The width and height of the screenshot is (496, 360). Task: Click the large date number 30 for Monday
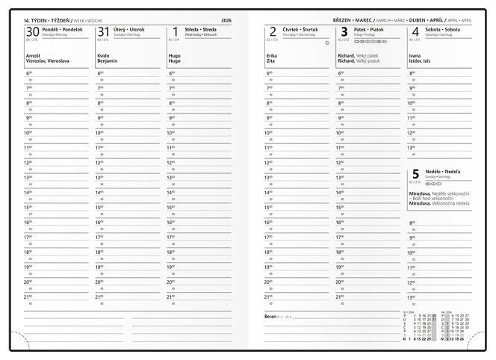tap(32, 31)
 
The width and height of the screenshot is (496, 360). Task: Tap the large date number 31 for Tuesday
tap(104, 31)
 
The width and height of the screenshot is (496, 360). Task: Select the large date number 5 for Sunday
tap(415, 176)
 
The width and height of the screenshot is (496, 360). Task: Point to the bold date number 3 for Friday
tap(344, 31)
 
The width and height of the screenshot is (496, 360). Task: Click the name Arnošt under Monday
tap(33, 55)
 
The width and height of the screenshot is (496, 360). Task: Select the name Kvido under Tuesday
tap(103, 55)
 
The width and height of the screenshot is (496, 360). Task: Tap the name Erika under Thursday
tap(270, 55)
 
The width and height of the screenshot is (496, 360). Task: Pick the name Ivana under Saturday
tap(415, 55)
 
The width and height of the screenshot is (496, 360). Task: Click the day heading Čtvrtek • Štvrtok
tap(300, 29)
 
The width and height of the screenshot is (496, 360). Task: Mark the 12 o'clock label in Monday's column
tap(28, 162)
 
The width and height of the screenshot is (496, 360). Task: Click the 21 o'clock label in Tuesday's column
tap(99, 297)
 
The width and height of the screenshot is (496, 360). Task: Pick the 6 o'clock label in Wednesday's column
tap(171, 72)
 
